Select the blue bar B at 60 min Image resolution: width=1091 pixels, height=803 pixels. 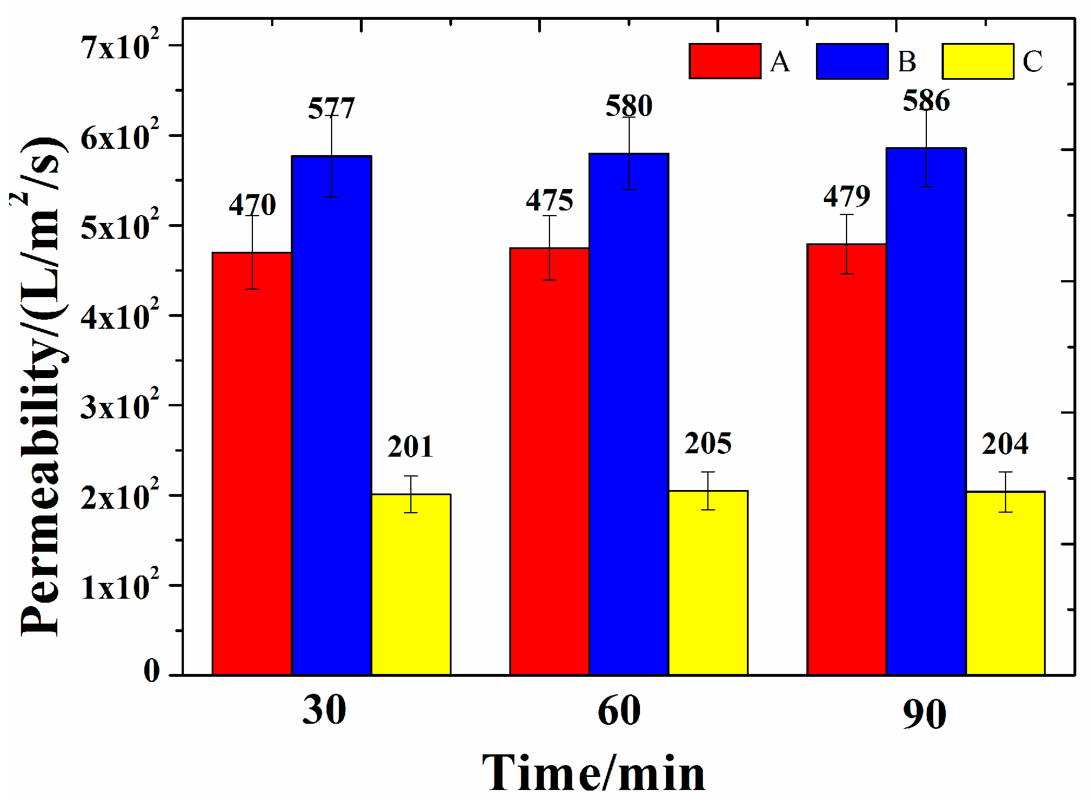(x=629, y=414)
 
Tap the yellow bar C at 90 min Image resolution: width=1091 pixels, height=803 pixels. (x=1005, y=583)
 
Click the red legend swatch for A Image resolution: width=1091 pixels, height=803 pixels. (x=725, y=61)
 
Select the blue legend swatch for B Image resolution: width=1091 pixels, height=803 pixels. (x=852, y=61)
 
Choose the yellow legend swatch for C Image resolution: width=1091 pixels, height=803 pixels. (x=977, y=61)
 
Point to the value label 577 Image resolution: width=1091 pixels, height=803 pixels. (x=331, y=108)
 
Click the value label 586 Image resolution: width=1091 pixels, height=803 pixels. (x=926, y=101)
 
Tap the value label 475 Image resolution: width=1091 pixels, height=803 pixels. (x=549, y=200)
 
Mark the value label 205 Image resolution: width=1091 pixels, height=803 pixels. (x=708, y=443)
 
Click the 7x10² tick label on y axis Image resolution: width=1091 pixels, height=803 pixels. (x=120, y=46)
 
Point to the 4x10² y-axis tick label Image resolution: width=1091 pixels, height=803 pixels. (x=120, y=316)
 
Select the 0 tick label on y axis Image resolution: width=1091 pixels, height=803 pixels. (x=152, y=671)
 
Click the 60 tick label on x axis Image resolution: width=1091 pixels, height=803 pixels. (x=619, y=711)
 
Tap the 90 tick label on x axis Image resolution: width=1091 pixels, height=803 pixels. (x=924, y=714)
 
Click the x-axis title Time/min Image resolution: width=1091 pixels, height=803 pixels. (x=594, y=773)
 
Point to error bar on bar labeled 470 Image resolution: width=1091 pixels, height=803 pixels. (x=252, y=252)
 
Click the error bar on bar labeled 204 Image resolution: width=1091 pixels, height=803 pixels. (x=1005, y=492)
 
